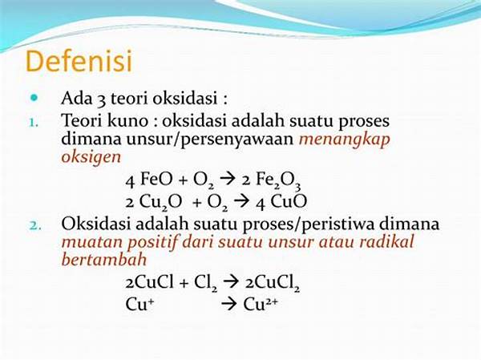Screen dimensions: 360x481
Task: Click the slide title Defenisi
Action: tap(79, 62)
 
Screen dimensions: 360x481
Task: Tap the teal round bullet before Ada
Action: tap(34, 98)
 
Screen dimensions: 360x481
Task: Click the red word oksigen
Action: tap(91, 156)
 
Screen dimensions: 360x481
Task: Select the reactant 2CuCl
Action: tap(153, 282)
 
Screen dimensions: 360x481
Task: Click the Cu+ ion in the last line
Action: tap(139, 303)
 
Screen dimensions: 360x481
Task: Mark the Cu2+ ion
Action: tap(264, 303)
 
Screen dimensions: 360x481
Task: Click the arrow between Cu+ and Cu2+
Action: tap(228, 304)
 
